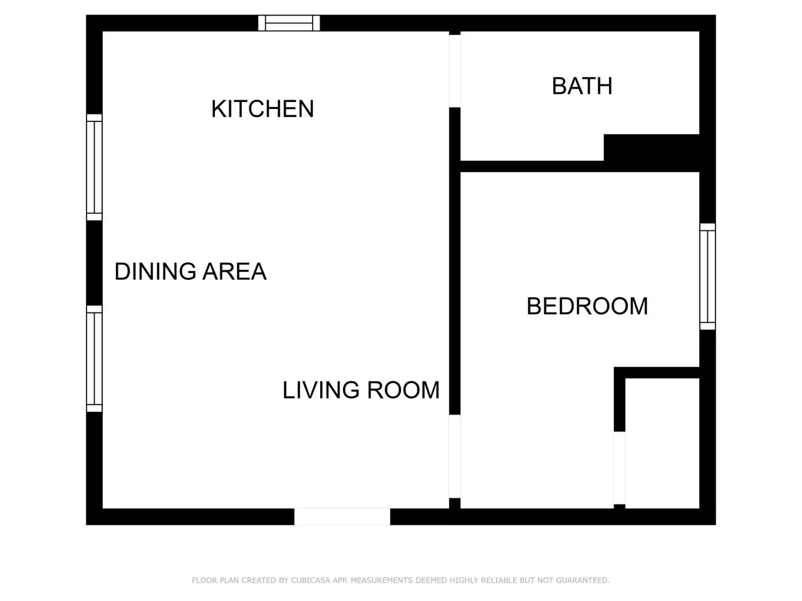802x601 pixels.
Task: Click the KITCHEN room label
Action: pyautogui.click(x=263, y=109)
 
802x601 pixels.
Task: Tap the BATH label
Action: pyautogui.click(x=581, y=86)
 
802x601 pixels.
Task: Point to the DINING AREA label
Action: pyautogui.click(x=190, y=272)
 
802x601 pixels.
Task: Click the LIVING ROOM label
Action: pyautogui.click(x=361, y=390)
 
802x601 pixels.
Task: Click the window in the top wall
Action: pyautogui.click(x=289, y=23)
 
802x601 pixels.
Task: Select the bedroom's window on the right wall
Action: pyautogui.click(x=707, y=277)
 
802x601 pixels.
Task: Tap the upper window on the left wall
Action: pyautogui.click(x=94, y=167)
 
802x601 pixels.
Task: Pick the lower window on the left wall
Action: pyautogui.click(x=94, y=359)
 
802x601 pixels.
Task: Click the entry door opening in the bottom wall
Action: pyautogui.click(x=342, y=516)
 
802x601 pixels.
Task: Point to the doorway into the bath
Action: pyautogui.click(x=454, y=71)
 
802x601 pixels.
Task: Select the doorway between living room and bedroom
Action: pyautogui.click(x=454, y=456)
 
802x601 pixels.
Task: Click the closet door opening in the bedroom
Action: pyautogui.click(x=619, y=468)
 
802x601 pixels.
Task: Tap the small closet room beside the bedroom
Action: pyautogui.click(x=662, y=443)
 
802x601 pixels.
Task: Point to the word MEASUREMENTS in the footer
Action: pyautogui.click(x=383, y=580)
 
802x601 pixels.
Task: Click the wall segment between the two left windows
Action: pyautogui.click(x=94, y=263)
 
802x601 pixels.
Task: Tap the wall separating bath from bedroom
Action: pyautogui.click(x=580, y=167)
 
